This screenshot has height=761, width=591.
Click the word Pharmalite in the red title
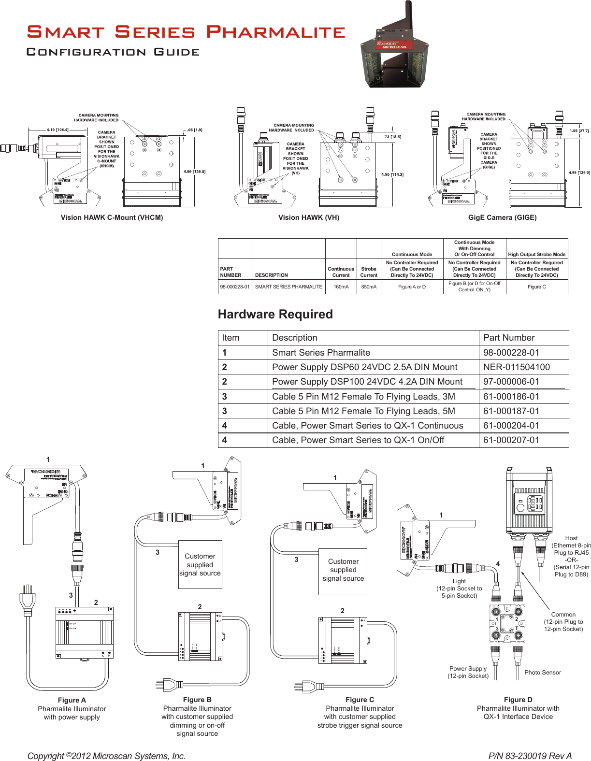275,32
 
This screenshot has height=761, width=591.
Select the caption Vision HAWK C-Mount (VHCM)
112,217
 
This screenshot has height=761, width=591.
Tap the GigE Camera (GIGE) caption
502,217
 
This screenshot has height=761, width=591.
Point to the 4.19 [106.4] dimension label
58,129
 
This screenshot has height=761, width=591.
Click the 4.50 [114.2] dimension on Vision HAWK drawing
392,174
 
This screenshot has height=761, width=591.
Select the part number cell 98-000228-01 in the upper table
235,287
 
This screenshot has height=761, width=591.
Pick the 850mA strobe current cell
369,287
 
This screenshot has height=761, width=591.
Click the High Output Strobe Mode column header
536,254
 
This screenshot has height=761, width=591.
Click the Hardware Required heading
275,314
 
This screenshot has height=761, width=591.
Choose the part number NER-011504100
516,367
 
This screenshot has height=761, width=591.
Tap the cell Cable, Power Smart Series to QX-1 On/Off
358,440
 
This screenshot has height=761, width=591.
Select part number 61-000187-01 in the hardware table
511,411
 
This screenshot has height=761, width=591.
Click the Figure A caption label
72,700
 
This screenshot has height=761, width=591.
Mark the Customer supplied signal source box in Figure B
200,564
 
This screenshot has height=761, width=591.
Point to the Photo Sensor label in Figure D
542,673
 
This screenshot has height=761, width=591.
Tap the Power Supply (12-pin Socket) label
468,672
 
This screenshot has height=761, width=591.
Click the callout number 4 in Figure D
498,564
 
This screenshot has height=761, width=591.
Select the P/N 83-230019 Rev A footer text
530,756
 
